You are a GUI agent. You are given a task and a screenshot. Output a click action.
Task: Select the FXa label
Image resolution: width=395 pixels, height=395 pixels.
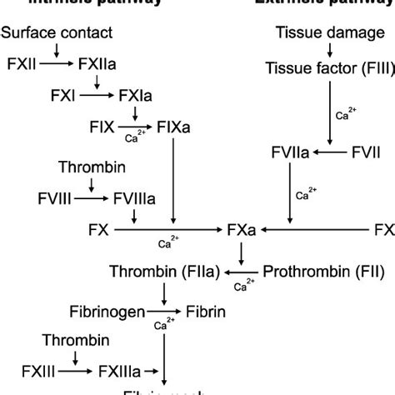(x=242, y=227)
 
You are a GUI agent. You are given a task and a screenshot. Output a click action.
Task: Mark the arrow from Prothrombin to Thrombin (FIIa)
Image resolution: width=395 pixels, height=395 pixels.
(x=242, y=270)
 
